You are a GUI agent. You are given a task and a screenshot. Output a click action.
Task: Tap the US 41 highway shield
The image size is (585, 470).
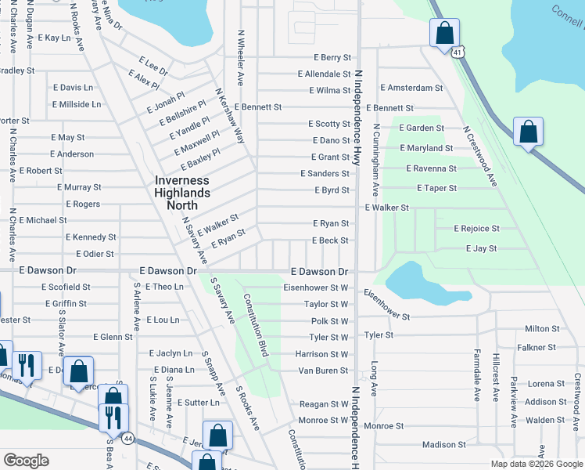pyautogui.click(x=458, y=52)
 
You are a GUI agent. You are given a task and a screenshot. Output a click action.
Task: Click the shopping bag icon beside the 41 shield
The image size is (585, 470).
pyautogui.click(x=444, y=34)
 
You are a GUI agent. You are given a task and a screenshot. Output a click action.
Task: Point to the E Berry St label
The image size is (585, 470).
pyautogui.click(x=332, y=57)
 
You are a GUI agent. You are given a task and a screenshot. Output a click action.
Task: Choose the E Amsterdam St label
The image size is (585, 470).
pyautogui.click(x=411, y=88)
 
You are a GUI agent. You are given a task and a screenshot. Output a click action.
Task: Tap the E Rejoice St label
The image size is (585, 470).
pyautogui.click(x=476, y=228)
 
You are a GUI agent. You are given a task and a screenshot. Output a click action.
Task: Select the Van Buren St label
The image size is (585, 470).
pyautogui.click(x=323, y=370)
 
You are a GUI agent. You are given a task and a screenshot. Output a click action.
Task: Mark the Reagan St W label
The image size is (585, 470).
pyautogui.click(x=323, y=404)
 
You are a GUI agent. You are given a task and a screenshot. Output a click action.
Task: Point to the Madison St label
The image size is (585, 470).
pyautogui.click(x=443, y=445)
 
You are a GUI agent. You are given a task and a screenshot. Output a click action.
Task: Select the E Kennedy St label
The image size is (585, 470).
pyautogui.click(x=91, y=237)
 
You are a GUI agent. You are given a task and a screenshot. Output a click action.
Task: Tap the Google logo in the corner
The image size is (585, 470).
pyautogui.click(x=26, y=460)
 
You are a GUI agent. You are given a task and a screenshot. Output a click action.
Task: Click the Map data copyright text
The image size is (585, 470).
pyautogui.click(x=536, y=464)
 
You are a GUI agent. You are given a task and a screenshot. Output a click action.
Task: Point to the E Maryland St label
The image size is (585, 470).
pyautogui.click(x=425, y=147)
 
